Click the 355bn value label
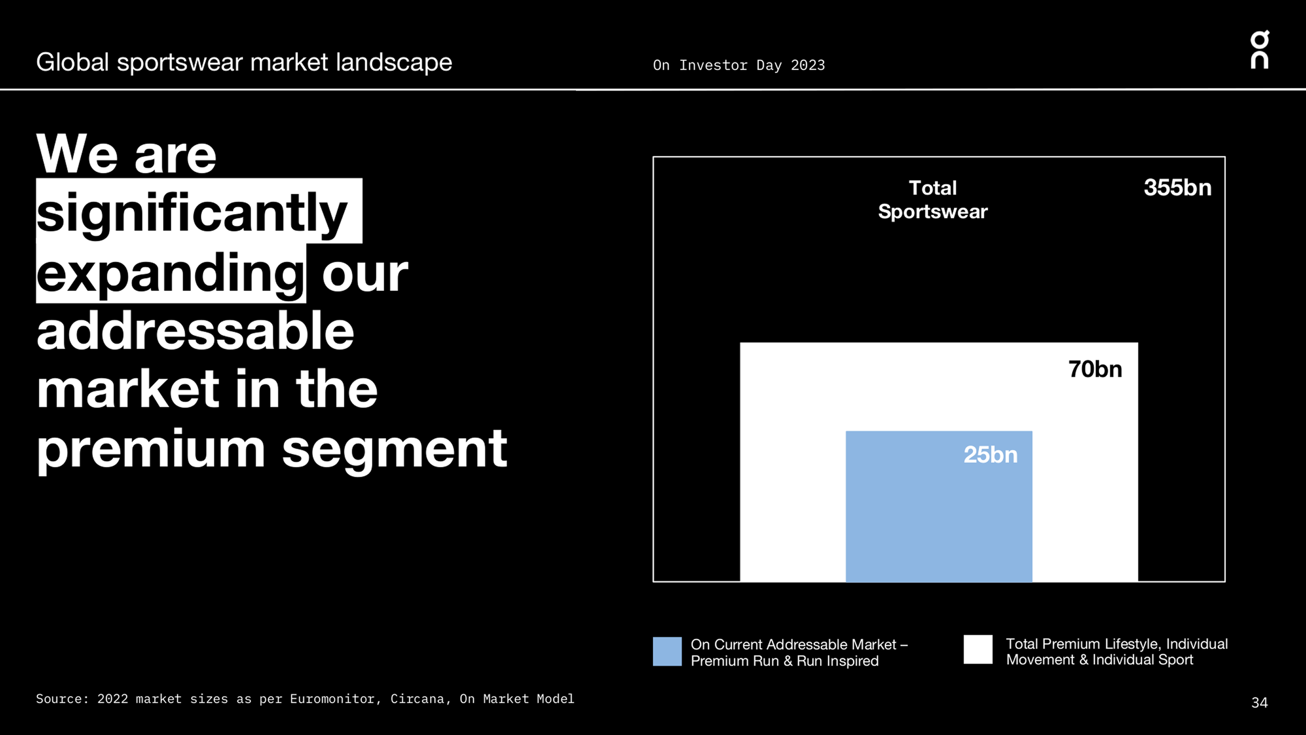[x=1177, y=188]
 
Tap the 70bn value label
[x=1095, y=369]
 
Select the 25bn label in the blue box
[x=990, y=455]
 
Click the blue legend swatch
[x=667, y=651]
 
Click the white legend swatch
[x=977, y=649]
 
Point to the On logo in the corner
[x=1259, y=50]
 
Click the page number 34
[x=1259, y=703]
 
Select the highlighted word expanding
[x=170, y=274]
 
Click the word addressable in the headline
[x=195, y=332]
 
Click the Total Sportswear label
[x=932, y=200]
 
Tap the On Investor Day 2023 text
[x=739, y=65]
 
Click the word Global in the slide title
[x=72, y=62]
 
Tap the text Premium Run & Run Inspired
[x=784, y=661]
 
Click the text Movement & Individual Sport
[x=1099, y=659]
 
